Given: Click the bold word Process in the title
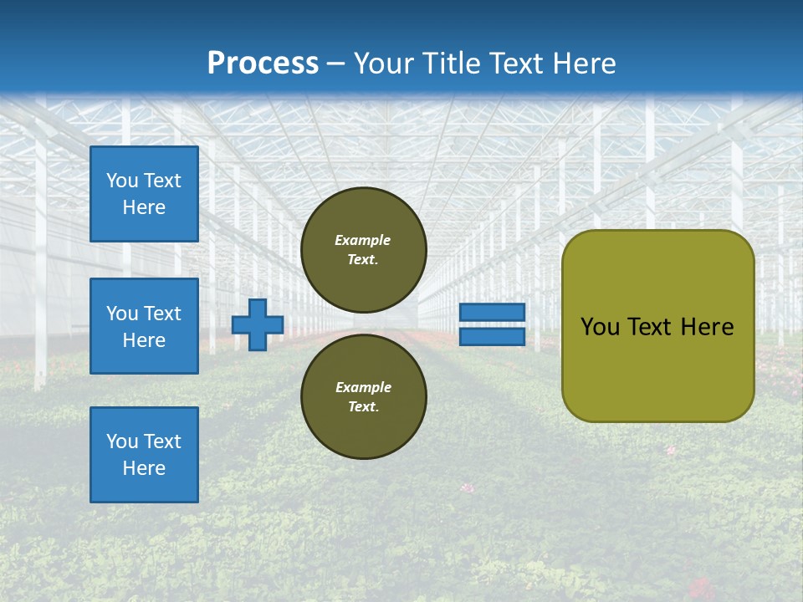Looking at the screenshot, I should click(x=263, y=64).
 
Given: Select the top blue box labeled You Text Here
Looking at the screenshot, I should click(x=144, y=194).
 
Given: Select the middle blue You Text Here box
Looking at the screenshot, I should click(x=144, y=326).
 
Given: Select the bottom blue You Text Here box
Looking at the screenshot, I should click(x=144, y=455).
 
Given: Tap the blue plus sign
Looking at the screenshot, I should click(x=258, y=324).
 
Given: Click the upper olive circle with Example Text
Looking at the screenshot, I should click(x=363, y=249).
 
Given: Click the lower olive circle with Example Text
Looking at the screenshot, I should click(x=363, y=396).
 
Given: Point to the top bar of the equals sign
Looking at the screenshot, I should click(x=492, y=313).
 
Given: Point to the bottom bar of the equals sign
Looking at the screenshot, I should click(x=492, y=336).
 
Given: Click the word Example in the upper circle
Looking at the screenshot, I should click(x=363, y=240).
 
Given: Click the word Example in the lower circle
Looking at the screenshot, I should click(x=363, y=387).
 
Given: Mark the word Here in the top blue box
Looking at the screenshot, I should click(x=144, y=207).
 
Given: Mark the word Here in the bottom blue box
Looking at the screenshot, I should click(x=144, y=468).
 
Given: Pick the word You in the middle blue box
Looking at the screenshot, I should click(x=122, y=314).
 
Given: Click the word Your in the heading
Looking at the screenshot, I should click(x=385, y=64).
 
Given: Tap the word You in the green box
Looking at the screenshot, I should click(x=600, y=327).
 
